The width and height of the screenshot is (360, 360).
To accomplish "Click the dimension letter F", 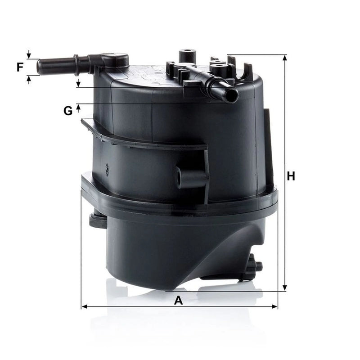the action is (x=20, y=67).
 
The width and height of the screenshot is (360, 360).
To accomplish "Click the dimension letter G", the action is (x=68, y=111).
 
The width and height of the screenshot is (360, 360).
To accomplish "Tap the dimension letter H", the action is (x=291, y=176).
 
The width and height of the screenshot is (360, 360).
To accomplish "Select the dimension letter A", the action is (x=178, y=300).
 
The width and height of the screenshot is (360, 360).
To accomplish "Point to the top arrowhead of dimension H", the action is (x=285, y=58).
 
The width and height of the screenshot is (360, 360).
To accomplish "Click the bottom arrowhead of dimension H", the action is (x=285, y=288).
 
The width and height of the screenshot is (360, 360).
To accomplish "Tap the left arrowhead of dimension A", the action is (x=85, y=306).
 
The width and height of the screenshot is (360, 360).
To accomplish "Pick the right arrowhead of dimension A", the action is (x=274, y=306).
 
